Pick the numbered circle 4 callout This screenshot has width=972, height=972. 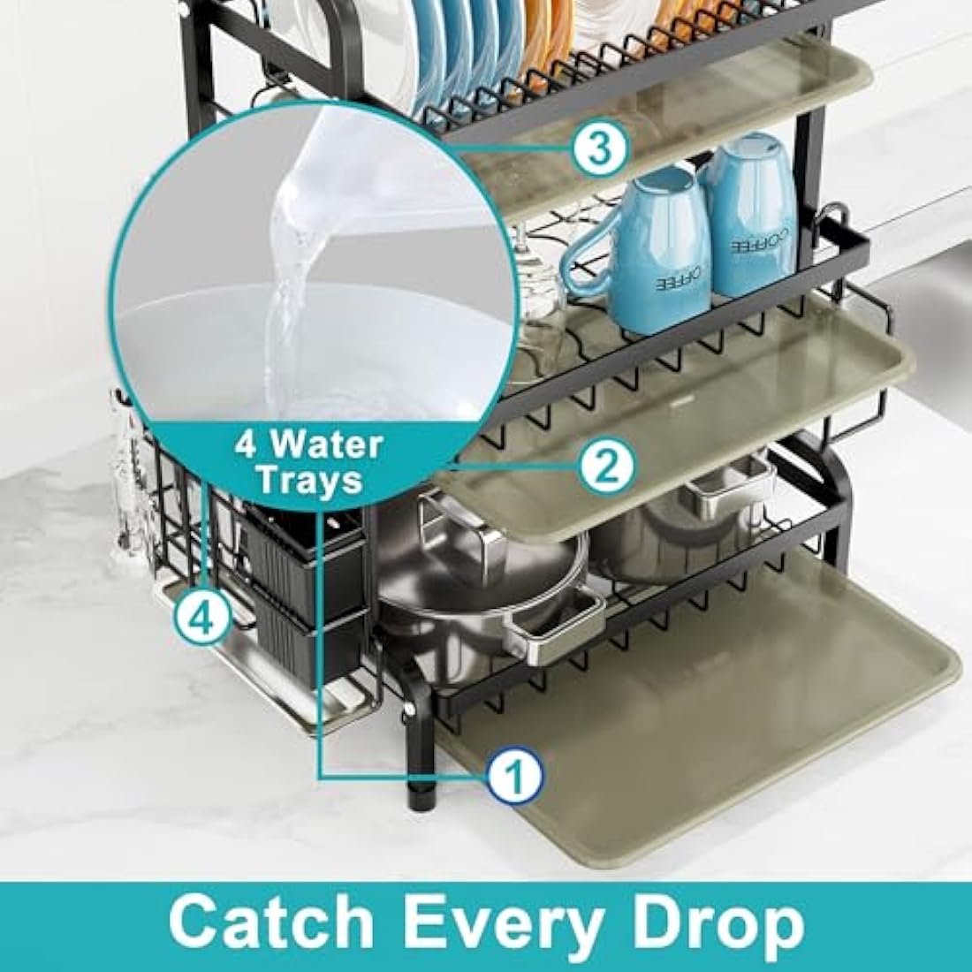click(202, 616)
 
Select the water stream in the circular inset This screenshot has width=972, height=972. click(287, 265)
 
